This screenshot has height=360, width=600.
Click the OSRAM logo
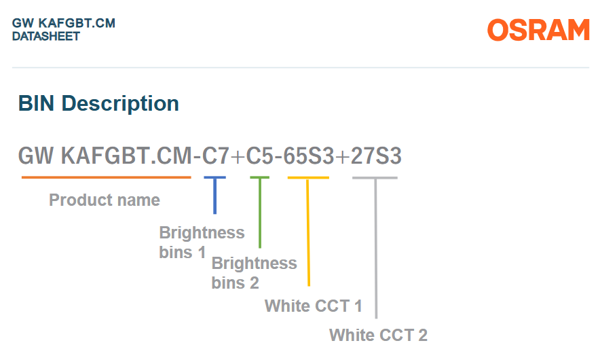point(538,30)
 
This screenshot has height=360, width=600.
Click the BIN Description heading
point(98,103)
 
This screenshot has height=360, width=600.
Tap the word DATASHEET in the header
point(46,37)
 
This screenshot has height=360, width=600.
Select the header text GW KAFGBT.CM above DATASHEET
point(64,23)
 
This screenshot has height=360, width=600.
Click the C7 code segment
point(215,156)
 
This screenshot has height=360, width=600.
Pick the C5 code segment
point(259,156)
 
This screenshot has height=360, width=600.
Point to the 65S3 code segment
point(308,156)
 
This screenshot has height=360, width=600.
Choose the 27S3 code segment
point(376,156)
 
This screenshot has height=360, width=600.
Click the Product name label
point(105,200)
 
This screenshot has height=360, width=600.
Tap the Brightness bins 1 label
point(202,242)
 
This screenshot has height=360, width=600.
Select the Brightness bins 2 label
point(254,273)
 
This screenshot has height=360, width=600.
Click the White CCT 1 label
point(314,306)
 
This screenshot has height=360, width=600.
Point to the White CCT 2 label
point(378,335)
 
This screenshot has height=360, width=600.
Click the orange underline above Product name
point(107,177)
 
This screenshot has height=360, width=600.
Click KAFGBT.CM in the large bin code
point(126,156)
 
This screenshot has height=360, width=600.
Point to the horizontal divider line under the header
point(301,68)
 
